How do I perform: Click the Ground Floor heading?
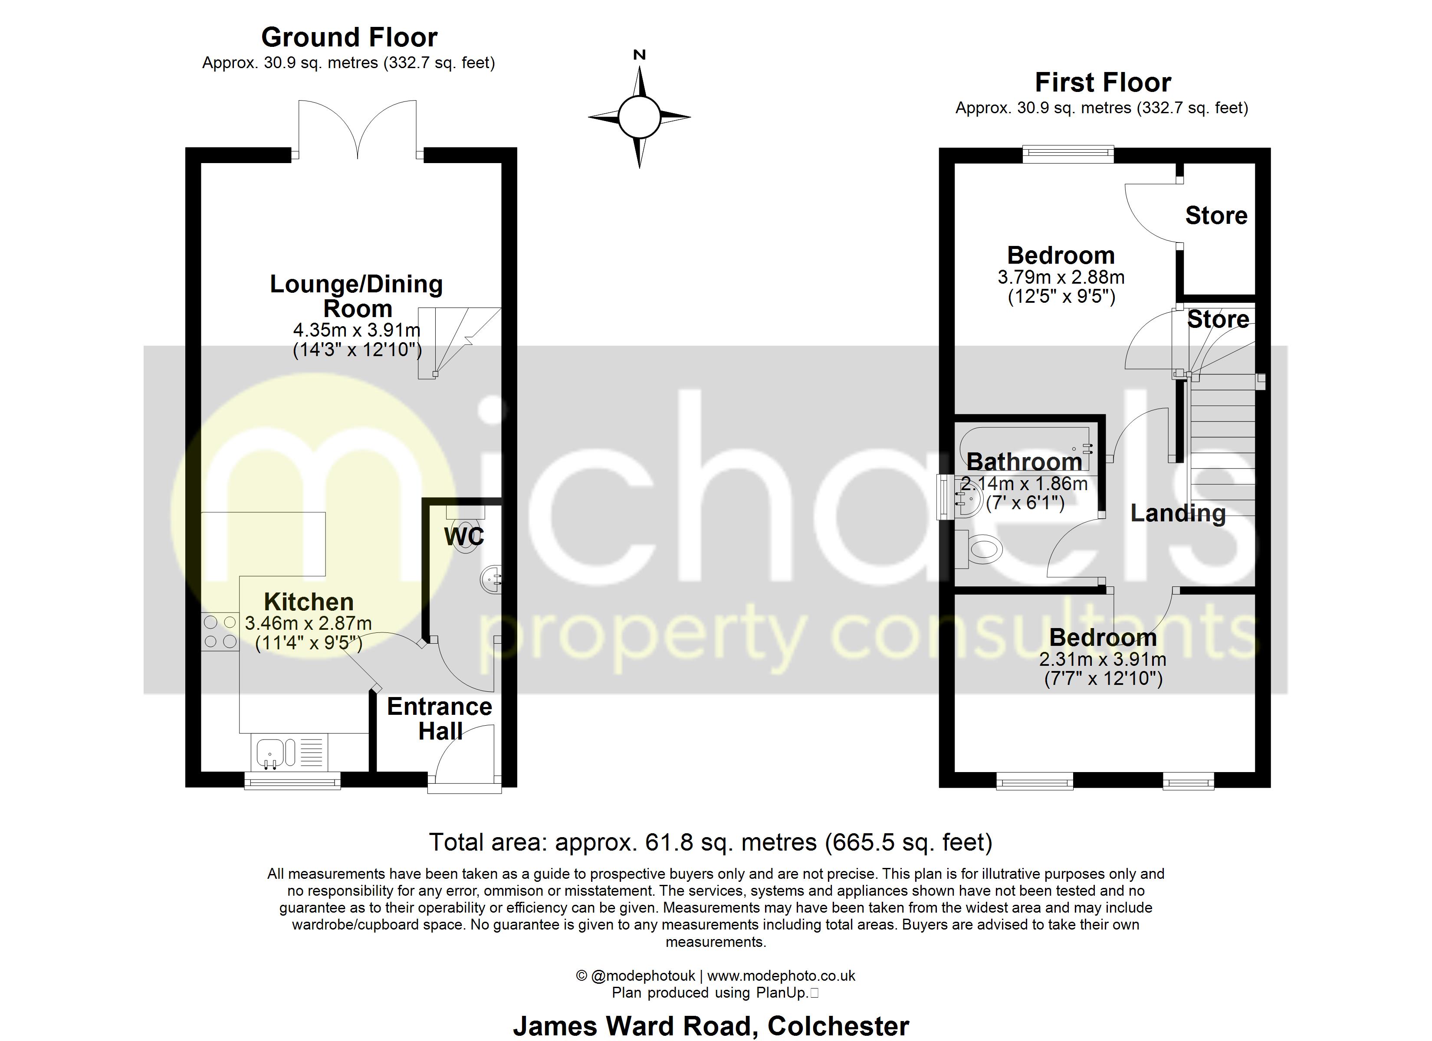click(x=349, y=38)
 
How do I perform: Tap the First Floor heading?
click(x=1102, y=83)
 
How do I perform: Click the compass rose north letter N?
click(x=639, y=55)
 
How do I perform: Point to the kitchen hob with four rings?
click(x=220, y=632)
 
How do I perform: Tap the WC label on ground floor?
click(x=464, y=537)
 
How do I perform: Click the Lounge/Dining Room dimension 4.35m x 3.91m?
click(x=357, y=330)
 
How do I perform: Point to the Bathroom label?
click(x=1024, y=462)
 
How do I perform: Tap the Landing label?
click(x=1178, y=513)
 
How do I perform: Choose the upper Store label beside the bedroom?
click(x=1216, y=216)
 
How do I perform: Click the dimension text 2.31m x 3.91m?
click(x=1102, y=660)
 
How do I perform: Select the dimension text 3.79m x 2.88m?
click(x=1061, y=277)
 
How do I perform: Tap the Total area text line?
click(x=711, y=843)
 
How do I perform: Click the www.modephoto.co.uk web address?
click(x=781, y=976)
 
